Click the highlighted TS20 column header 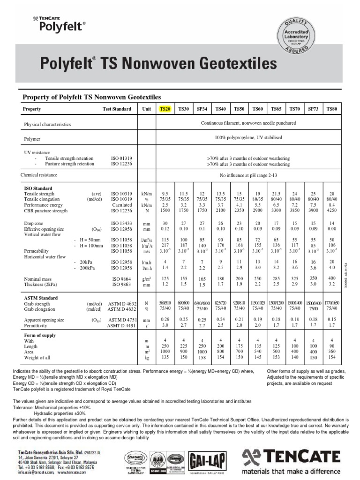[165, 109]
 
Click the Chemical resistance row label [39, 175]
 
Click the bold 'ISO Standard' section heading [38, 188]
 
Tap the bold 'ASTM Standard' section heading [41, 298]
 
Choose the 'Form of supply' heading [40, 336]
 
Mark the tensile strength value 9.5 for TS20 [165, 194]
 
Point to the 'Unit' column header [147, 109]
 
